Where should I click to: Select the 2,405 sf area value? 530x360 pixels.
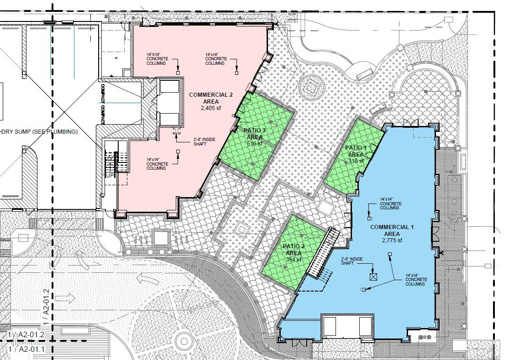pyautogui.click(x=210, y=109)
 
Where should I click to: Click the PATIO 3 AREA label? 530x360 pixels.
pyautogui.click(x=255, y=133)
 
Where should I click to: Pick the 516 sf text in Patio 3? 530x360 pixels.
pyautogui.click(x=255, y=144)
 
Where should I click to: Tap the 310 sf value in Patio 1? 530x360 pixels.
pyautogui.click(x=356, y=161)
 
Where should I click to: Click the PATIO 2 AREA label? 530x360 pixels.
pyautogui.click(x=293, y=250)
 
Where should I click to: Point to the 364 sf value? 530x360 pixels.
pyautogui.click(x=293, y=260)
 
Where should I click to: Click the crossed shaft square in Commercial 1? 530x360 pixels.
pyautogui.click(x=373, y=276)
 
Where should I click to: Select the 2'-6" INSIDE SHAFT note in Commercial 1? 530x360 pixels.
pyautogui.click(x=352, y=262)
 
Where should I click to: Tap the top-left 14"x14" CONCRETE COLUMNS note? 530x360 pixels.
pyautogui.click(x=157, y=60)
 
